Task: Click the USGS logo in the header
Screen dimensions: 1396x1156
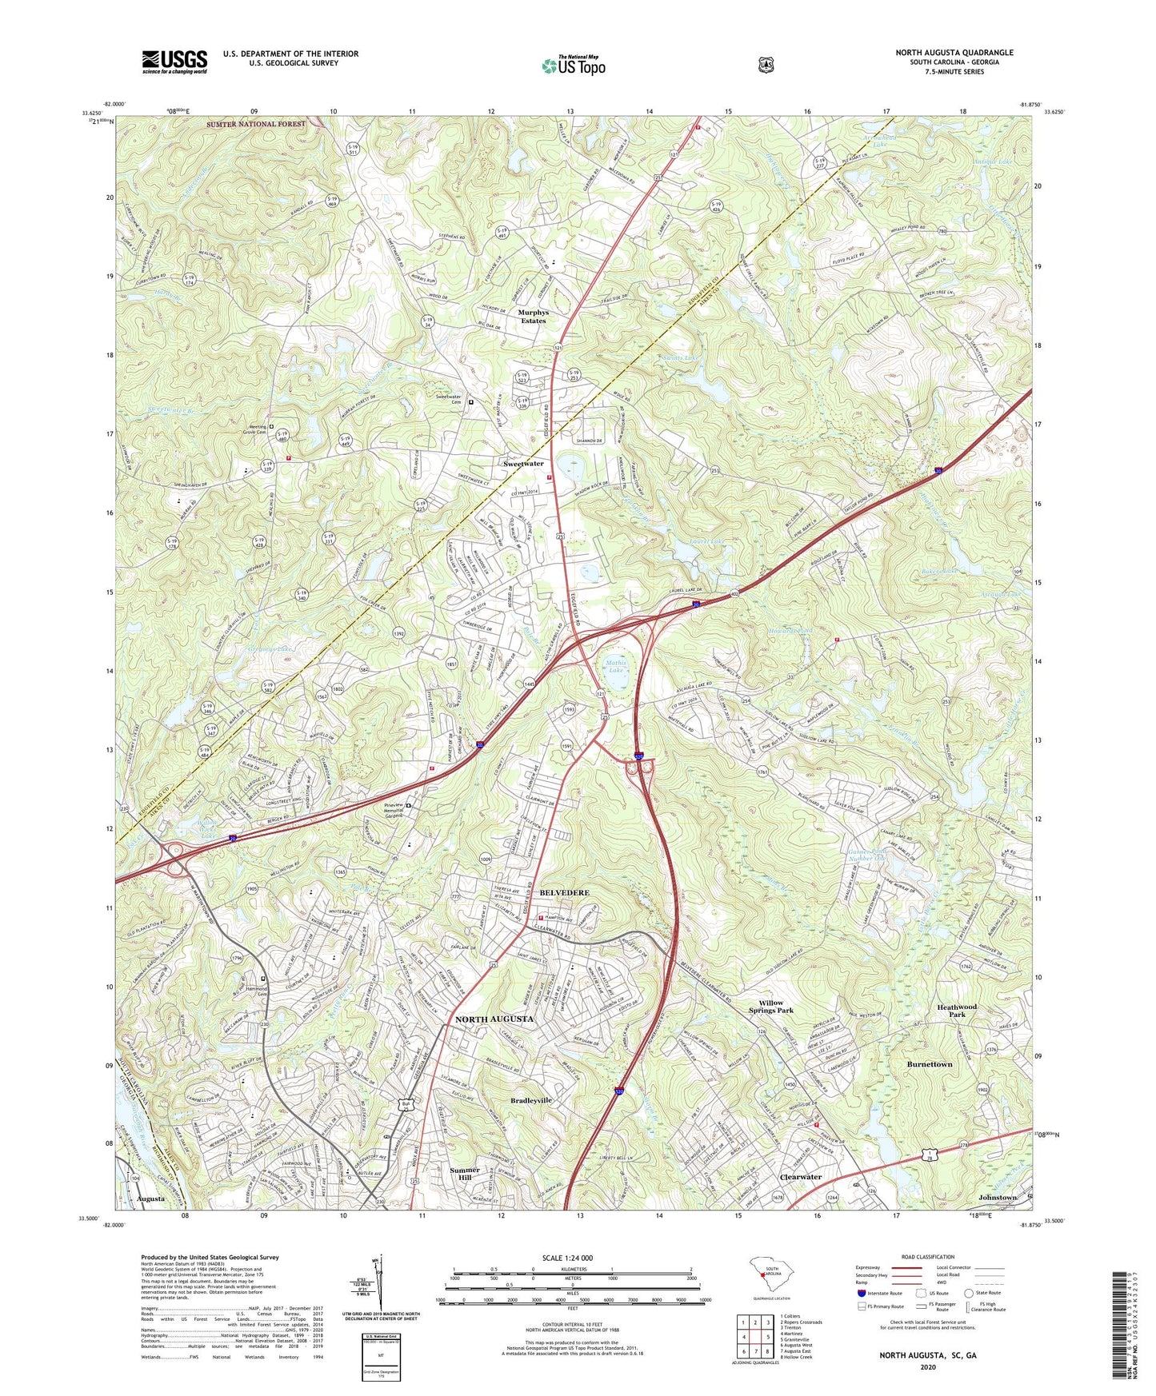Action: pos(174,62)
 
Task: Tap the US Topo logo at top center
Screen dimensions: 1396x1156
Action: pos(574,66)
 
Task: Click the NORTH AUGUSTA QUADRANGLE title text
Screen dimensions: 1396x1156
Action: pos(954,53)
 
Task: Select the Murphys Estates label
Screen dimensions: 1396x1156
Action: pos(534,317)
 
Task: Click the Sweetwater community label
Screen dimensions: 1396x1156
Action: pos(523,464)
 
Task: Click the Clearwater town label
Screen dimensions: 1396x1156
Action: pos(800,1177)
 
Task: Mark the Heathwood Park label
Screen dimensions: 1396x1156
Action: pos(957,1011)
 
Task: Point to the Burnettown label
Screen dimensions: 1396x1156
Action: pos(929,1065)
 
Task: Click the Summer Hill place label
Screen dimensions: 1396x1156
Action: pos(465,1175)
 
